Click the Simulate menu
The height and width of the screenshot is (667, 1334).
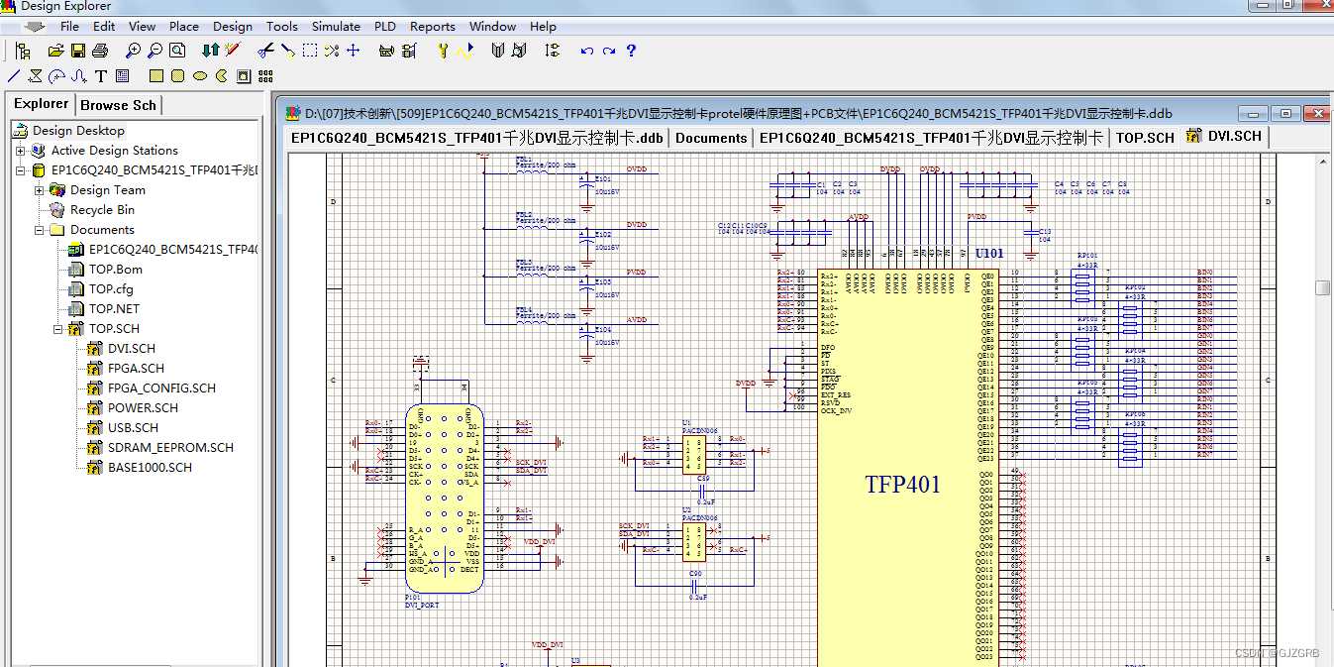(x=336, y=27)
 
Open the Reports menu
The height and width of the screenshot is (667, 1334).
(x=432, y=27)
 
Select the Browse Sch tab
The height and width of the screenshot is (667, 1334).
(x=118, y=105)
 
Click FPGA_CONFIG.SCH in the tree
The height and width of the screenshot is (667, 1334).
(x=161, y=389)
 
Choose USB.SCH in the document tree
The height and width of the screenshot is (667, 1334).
(x=133, y=428)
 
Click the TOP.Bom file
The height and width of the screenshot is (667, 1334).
(x=116, y=270)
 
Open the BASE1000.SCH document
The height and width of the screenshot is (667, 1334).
(x=150, y=468)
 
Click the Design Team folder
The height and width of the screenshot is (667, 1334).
(x=107, y=190)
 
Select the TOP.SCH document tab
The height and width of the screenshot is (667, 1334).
(x=1145, y=138)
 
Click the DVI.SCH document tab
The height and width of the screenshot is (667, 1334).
(x=1234, y=137)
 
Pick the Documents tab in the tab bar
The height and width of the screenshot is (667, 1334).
(x=711, y=138)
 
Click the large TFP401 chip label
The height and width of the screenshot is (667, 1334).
(x=902, y=485)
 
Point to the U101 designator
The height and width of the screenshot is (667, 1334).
(x=989, y=254)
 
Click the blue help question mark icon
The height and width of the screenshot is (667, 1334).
(x=631, y=51)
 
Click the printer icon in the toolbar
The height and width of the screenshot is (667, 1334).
(x=100, y=51)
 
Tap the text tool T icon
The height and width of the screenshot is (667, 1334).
(x=101, y=75)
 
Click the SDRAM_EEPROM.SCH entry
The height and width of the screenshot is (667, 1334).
(x=170, y=448)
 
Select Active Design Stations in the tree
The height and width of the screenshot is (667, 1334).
(x=114, y=151)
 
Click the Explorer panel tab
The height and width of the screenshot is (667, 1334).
(x=41, y=104)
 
